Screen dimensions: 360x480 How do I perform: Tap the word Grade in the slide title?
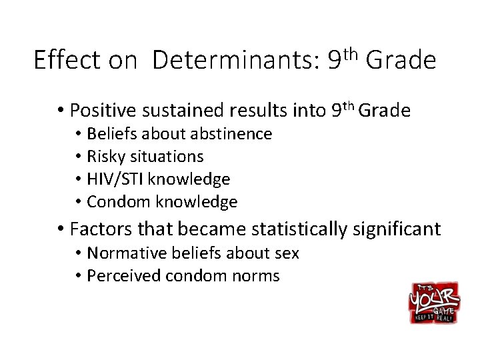point(401,61)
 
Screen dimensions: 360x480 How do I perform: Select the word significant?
point(401,230)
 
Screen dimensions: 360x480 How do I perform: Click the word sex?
point(287,253)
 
